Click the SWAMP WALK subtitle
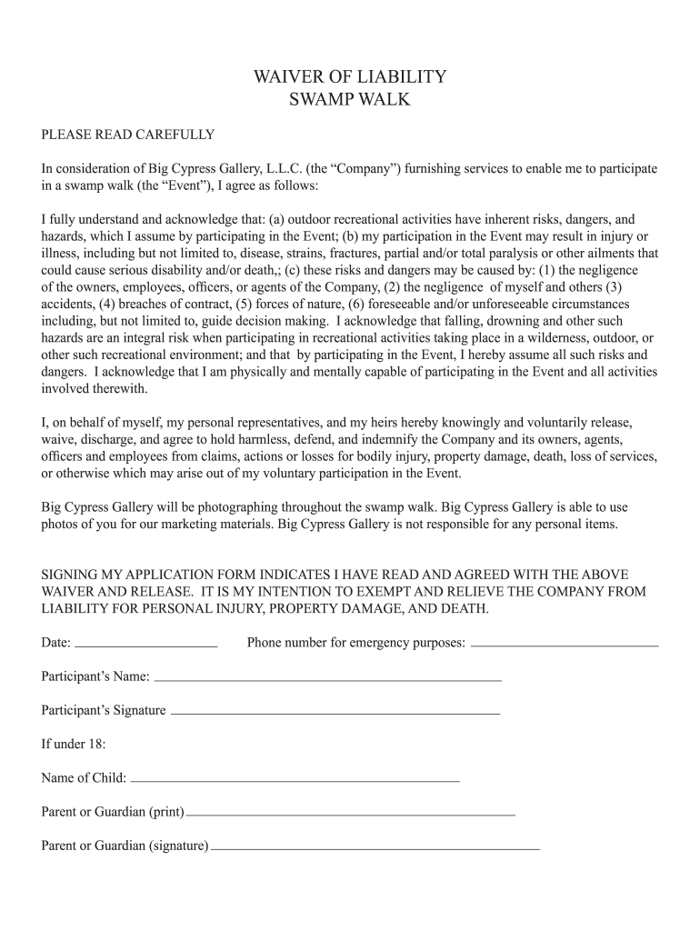(350, 99)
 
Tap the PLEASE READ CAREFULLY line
(128, 135)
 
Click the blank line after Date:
(145, 644)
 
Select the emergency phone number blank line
(565, 644)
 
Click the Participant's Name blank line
(328, 677)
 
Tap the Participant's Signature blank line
(335, 711)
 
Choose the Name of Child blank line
(295, 778)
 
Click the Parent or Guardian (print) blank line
(350, 812)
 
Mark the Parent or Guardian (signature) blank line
(375, 846)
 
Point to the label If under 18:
(74, 744)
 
